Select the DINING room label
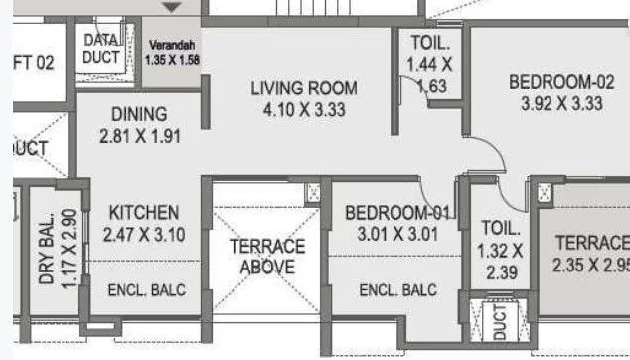(138, 114)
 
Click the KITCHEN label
(143, 213)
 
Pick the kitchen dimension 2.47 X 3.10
(143, 235)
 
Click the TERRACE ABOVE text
(267, 256)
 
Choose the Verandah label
(174, 46)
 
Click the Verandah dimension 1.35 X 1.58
(174, 59)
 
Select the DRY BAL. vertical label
(47, 249)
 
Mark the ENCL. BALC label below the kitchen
(146, 290)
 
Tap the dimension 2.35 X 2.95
(591, 265)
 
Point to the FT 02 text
(33, 62)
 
